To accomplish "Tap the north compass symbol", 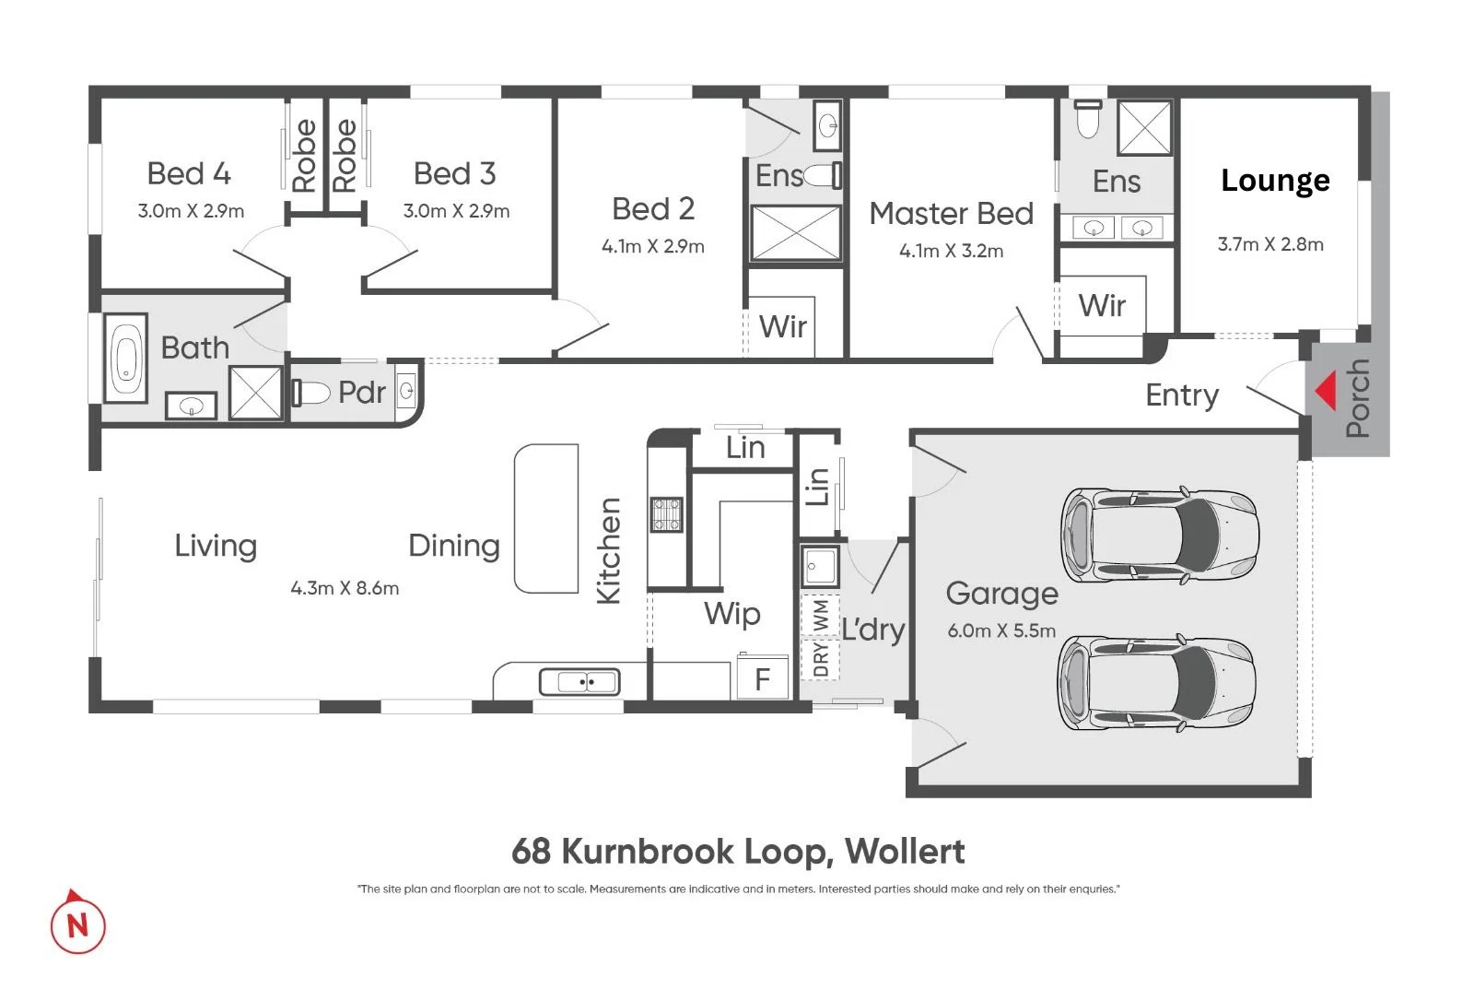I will [x=77, y=923].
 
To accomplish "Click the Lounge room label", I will [x=1275, y=181].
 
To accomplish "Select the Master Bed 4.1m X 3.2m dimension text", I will [x=951, y=251].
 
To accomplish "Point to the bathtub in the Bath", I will [x=126, y=358].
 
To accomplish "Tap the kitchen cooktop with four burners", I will [x=667, y=514].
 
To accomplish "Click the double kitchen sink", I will [x=579, y=682].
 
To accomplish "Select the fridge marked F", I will [x=762, y=678].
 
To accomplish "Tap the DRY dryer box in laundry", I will [x=820, y=659].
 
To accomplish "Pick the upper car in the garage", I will [x=1159, y=534].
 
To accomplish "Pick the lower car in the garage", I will [x=1156, y=683].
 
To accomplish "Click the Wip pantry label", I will [x=731, y=614].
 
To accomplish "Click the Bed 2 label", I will [x=652, y=209].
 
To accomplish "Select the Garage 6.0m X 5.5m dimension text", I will [x=1001, y=631].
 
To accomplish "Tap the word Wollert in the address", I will [x=905, y=851].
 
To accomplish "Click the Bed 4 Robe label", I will [x=304, y=156].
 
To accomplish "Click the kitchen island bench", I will [x=546, y=518].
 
